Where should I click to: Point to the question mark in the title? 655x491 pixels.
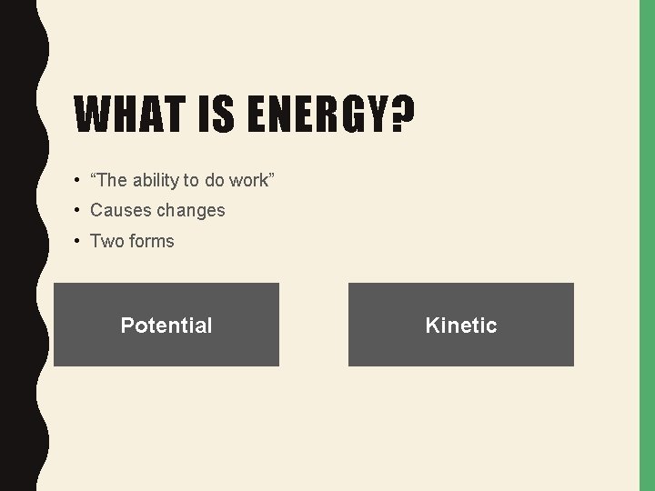pos(401,115)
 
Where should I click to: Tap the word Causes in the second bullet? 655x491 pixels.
pos(120,210)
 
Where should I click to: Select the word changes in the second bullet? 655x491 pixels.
pos(190,210)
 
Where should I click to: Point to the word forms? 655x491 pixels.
pos(151,241)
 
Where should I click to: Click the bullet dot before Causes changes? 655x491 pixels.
pos(78,211)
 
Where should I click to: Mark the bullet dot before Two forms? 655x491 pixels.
pos(78,242)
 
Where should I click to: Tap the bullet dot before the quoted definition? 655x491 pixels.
pos(78,181)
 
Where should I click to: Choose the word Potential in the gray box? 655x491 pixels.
pos(166,326)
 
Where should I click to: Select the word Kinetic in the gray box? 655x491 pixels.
pos(461,326)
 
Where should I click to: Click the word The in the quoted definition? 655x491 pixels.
pos(109,180)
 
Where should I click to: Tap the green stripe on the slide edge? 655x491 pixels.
pos(647,245)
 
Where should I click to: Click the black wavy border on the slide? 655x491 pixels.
pos(18,245)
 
